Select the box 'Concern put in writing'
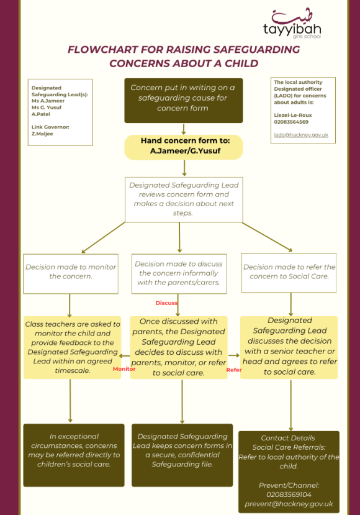point(182,98)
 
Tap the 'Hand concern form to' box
point(182,146)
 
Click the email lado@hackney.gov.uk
point(301,135)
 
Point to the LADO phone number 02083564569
point(291,122)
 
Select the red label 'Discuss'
point(166,303)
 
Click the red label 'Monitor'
point(124,368)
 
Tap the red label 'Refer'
point(233,370)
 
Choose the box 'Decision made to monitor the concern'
point(70,272)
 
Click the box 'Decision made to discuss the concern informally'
point(179,273)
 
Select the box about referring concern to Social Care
point(289,272)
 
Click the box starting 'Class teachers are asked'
point(72,347)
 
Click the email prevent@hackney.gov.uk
point(289,504)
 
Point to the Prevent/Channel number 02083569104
point(289,494)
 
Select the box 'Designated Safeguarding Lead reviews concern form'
point(183,199)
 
